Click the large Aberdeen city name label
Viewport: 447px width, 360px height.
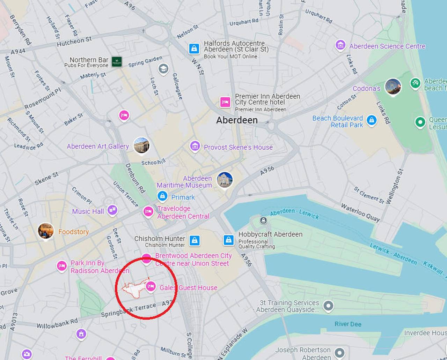237,120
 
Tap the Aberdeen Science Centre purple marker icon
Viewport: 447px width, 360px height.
340,45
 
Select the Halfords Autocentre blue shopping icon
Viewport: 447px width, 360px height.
194,48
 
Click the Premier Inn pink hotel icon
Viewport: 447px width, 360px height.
225,102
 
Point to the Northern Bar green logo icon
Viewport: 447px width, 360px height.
117,62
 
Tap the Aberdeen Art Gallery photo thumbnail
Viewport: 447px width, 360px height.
141,145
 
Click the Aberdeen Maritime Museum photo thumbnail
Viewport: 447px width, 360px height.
225,180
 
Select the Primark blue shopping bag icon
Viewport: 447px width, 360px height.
162,196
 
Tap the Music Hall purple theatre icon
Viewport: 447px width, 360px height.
112,210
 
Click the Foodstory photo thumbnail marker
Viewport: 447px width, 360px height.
46,231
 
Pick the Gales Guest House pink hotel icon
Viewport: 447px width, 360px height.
151,286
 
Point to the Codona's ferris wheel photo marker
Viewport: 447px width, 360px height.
393,87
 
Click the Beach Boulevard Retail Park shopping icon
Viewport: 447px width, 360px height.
372,121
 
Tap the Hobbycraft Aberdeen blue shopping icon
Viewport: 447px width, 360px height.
228,240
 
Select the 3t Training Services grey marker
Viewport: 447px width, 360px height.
328,306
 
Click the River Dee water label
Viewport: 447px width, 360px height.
348,324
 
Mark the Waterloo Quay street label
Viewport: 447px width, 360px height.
360,212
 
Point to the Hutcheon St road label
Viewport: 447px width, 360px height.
74,42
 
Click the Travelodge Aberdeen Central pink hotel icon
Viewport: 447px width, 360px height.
148,211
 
